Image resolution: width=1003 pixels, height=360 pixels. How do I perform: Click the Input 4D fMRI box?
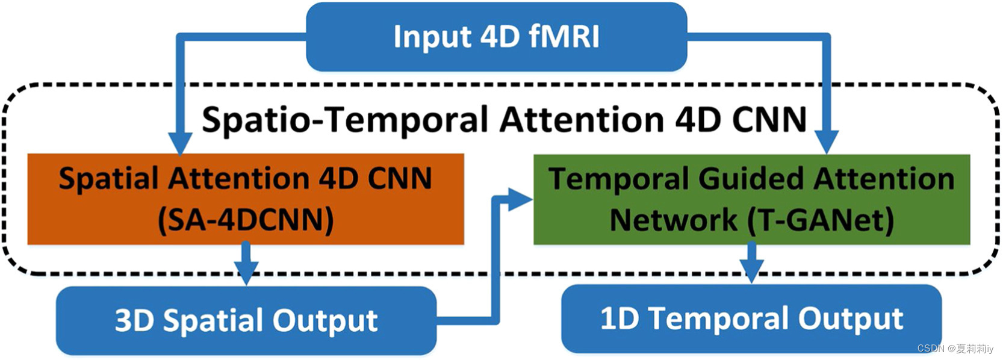point(496,36)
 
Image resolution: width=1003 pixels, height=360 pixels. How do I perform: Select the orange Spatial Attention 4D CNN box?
point(245,199)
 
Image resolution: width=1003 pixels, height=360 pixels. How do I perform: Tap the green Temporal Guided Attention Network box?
point(751,199)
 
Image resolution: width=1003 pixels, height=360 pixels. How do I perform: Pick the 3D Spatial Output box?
point(246,320)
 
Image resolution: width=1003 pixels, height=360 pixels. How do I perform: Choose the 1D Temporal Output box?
point(751,318)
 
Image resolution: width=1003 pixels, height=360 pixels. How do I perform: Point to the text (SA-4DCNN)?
point(246,220)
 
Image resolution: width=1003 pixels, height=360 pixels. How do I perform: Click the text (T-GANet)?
point(821,220)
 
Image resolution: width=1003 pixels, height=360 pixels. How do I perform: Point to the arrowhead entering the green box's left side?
point(519,199)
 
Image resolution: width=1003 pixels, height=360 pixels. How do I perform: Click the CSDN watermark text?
point(955,349)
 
